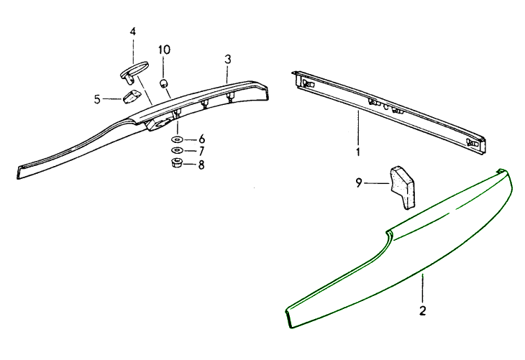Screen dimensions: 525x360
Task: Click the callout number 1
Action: pos(358,152)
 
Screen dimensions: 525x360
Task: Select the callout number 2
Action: pos(423,310)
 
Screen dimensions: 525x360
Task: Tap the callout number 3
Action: pos(228,60)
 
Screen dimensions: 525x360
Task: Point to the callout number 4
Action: pos(133,32)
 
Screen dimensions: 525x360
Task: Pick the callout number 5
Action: pos(97,99)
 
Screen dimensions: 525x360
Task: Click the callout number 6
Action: pos(201,139)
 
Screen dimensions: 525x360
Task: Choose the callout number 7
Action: pos(201,151)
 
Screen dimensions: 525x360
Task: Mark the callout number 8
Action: pos(201,165)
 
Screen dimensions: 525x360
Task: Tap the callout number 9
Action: pos(359,183)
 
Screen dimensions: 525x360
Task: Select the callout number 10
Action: pos(164,50)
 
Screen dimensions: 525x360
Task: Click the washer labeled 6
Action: pos(177,139)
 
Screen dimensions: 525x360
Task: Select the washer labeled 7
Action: pos(177,150)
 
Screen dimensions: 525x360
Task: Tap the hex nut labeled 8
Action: pos(176,163)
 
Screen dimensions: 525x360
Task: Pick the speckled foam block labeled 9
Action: pos(403,188)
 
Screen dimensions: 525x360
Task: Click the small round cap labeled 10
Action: pos(163,83)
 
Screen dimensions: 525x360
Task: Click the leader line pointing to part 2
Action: pos(423,288)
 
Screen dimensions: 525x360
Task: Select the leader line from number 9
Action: pos(377,183)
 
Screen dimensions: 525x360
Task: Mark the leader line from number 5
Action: pos(112,98)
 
